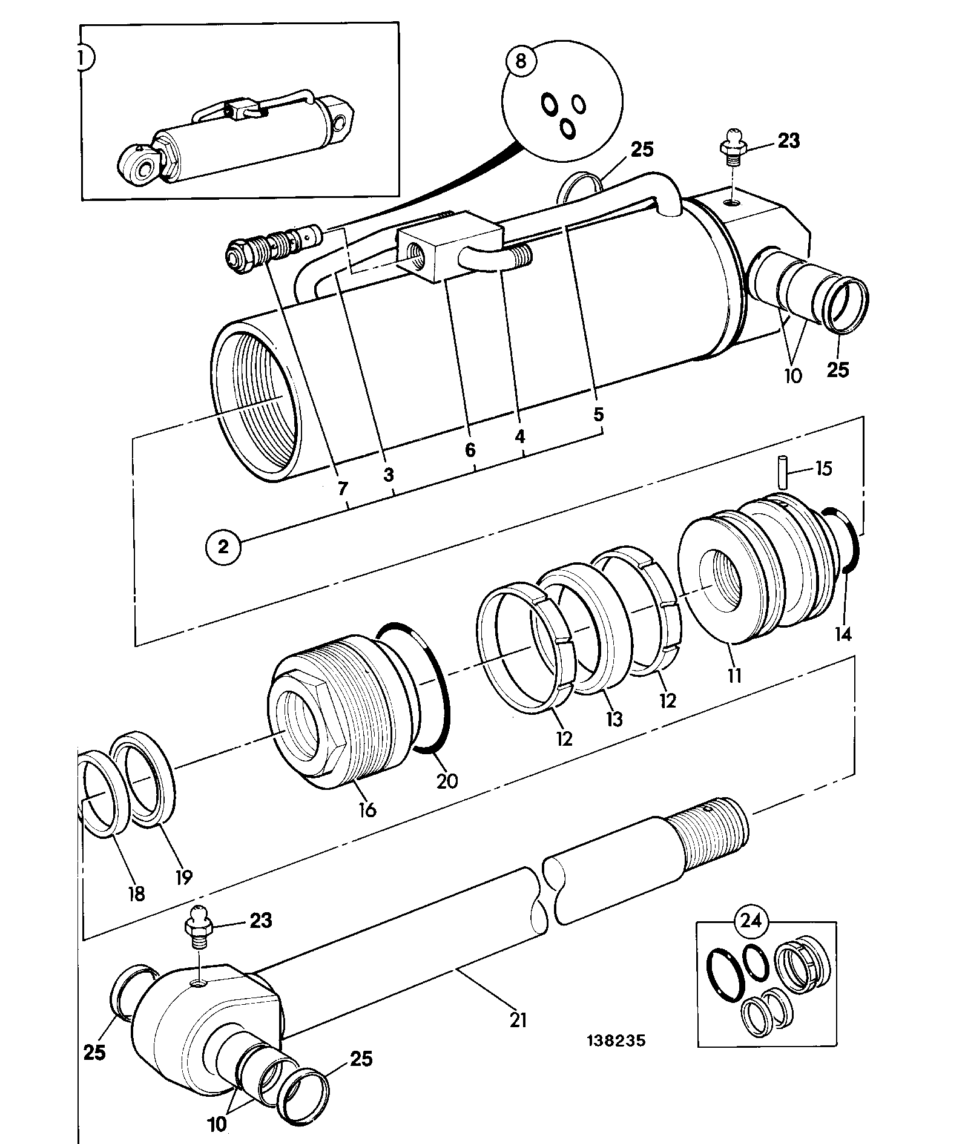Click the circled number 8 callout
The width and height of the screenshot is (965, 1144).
point(521,62)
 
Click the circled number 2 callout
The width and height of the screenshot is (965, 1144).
point(223,547)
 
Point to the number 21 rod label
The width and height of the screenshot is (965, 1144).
point(518,1020)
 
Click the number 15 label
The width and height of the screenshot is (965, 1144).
point(823,468)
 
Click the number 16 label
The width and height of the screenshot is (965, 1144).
point(367,809)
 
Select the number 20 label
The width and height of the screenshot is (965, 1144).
point(447,780)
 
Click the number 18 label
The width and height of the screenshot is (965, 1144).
point(137,893)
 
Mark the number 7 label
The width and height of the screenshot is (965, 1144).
point(343,487)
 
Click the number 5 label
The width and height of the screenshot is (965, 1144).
point(598,415)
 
